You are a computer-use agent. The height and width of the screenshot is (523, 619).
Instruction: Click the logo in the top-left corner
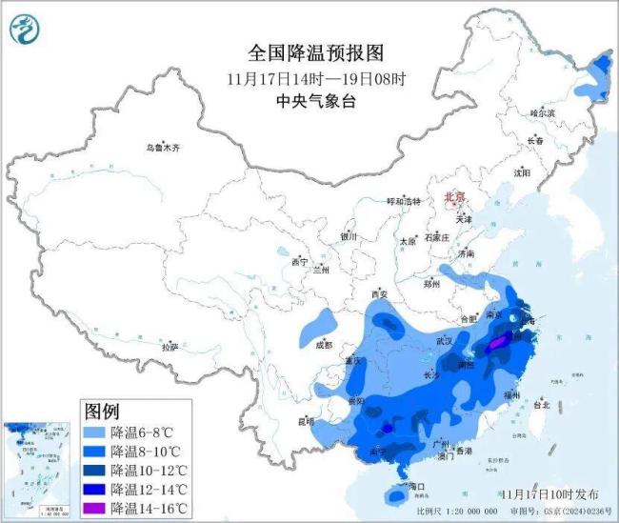(24, 31)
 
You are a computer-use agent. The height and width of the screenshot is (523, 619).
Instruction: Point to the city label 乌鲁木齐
(162, 149)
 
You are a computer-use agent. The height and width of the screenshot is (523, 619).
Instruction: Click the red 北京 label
(454, 197)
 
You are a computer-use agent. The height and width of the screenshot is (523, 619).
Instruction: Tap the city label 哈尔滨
(542, 112)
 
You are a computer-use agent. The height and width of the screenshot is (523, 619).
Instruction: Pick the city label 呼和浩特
(403, 202)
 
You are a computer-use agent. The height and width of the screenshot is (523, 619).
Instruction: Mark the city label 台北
(540, 404)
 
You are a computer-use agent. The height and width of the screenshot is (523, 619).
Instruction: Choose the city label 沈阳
(521, 173)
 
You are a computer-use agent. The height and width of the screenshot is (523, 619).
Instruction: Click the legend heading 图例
(102, 412)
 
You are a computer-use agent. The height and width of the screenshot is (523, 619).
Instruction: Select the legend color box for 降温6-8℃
(95, 432)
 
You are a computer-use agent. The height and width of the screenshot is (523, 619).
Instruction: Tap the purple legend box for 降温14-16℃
(95, 508)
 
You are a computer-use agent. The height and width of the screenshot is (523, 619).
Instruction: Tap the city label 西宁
(300, 261)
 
